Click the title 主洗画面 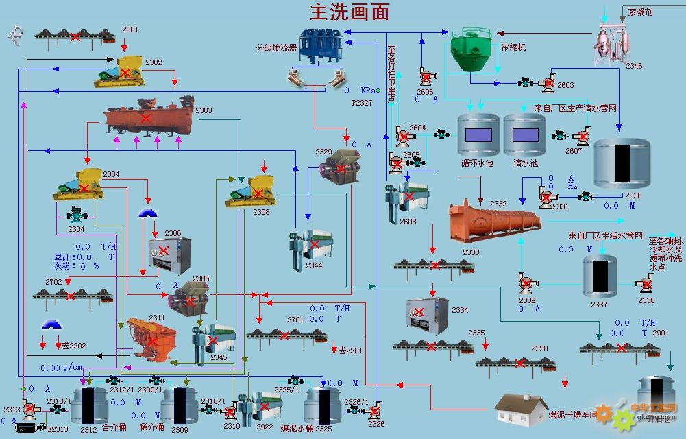click(x=350, y=12)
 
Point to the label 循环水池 click(x=477, y=163)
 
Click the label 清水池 click(x=526, y=163)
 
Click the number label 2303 click(x=204, y=110)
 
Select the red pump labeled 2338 click(x=646, y=283)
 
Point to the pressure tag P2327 click(x=362, y=103)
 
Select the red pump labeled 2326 click(x=375, y=412)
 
